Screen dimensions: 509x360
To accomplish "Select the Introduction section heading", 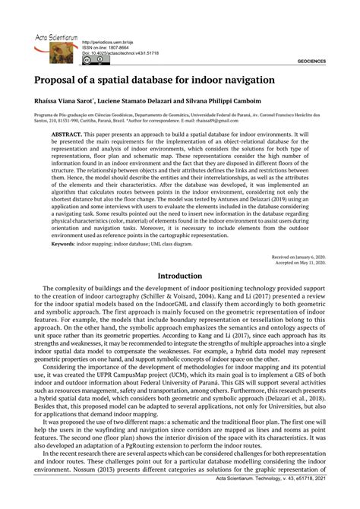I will click(180, 276).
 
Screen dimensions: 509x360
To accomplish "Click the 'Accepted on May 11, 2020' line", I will click(301, 264).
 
